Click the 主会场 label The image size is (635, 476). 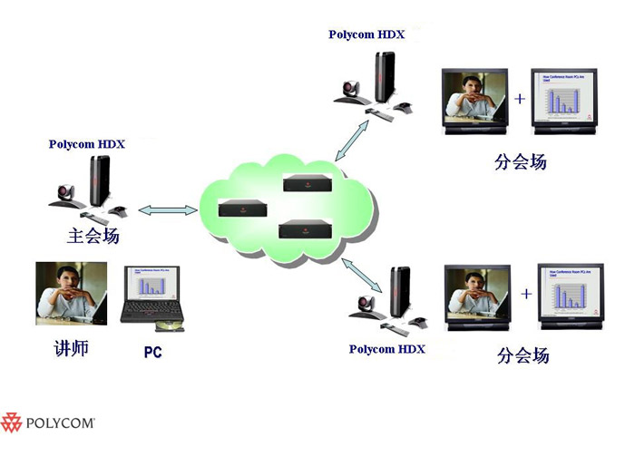pyautogui.click(x=93, y=238)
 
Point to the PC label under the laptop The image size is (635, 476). pyautogui.click(x=152, y=352)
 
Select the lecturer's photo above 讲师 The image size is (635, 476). pyautogui.click(x=66, y=293)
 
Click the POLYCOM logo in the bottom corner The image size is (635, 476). pyautogui.click(x=49, y=423)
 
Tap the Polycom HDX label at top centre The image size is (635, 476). pyautogui.click(x=366, y=34)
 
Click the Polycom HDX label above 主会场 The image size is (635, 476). pyautogui.click(x=87, y=144)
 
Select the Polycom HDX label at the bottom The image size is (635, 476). pyautogui.click(x=387, y=349)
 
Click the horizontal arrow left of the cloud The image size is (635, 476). pyautogui.click(x=167, y=210)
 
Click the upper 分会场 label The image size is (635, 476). pyautogui.click(x=521, y=163)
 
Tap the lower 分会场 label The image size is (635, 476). pyautogui.click(x=523, y=355)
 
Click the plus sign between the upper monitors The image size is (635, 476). pyautogui.click(x=520, y=98)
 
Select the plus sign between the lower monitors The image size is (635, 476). pyautogui.click(x=526, y=293)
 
